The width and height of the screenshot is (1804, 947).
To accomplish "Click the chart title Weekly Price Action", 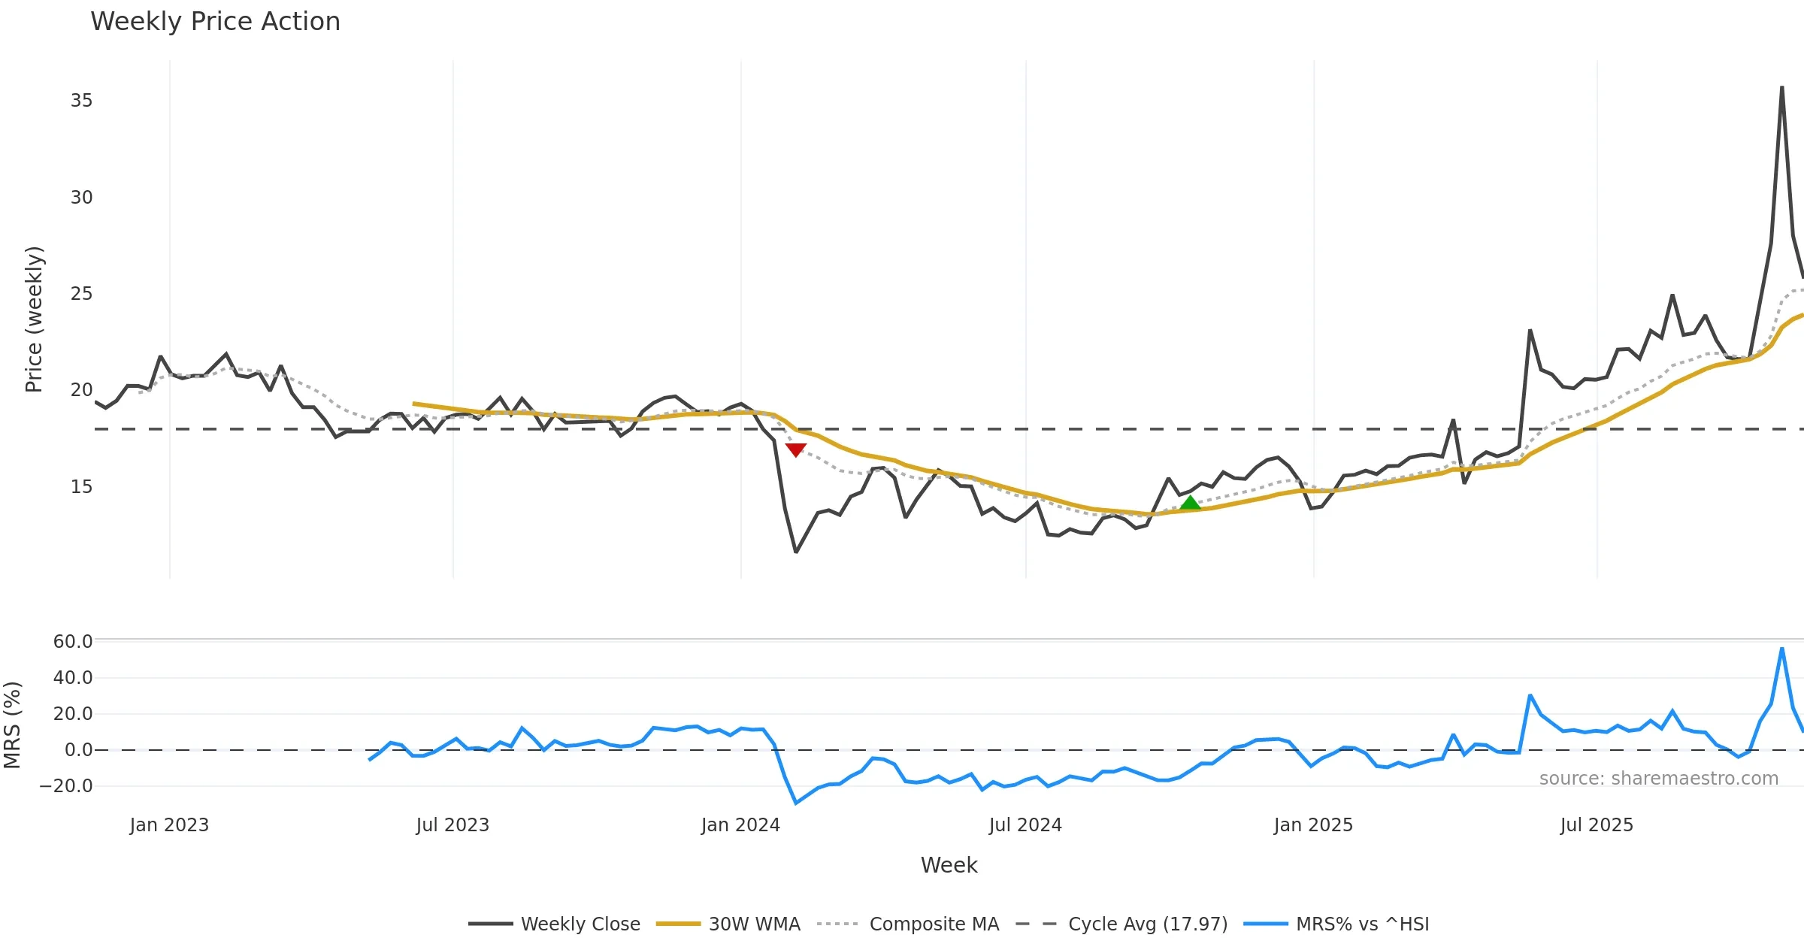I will [x=215, y=22].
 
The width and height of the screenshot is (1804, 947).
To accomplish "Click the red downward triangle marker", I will [x=795, y=449].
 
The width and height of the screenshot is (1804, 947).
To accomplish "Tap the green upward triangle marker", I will [x=1190, y=503].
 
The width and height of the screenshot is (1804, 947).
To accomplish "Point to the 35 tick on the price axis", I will [x=81, y=101].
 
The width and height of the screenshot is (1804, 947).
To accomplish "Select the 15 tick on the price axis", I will [x=81, y=487].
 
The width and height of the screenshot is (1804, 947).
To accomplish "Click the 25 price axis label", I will [x=81, y=294].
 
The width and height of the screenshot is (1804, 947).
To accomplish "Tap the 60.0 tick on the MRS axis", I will [x=73, y=641].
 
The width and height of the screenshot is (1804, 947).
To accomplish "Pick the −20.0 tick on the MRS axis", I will [x=66, y=786].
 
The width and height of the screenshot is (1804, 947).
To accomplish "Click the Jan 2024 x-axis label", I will [x=740, y=825].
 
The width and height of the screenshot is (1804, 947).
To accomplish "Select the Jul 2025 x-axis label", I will [x=1597, y=825].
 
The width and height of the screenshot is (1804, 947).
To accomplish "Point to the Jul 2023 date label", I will [x=453, y=825].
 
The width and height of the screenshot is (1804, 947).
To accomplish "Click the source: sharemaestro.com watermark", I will [x=1658, y=779].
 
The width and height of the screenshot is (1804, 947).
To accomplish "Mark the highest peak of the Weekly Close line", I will [x=1781, y=88].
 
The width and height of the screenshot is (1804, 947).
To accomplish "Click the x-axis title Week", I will [x=949, y=866].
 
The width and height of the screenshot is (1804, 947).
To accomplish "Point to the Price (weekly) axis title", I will [x=35, y=319].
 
